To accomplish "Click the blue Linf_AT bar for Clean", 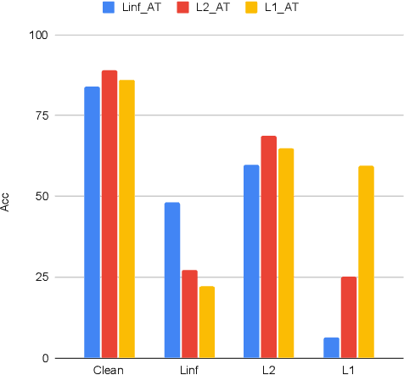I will click(92, 222).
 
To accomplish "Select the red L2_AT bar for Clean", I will click(109, 214).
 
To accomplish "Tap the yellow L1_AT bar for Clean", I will click(126, 219).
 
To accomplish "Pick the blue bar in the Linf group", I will click(171, 280).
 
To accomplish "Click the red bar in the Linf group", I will click(189, 314).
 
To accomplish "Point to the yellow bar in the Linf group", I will click(206, 322).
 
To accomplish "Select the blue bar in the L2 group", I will click(251, 261).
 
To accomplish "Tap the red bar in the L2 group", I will click(269, 247).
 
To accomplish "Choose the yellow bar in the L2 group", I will click(286, 253).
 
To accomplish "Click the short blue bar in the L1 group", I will click(331, 348).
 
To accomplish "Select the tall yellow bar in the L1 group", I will click(366, 261).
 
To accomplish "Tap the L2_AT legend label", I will click(209, 8).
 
